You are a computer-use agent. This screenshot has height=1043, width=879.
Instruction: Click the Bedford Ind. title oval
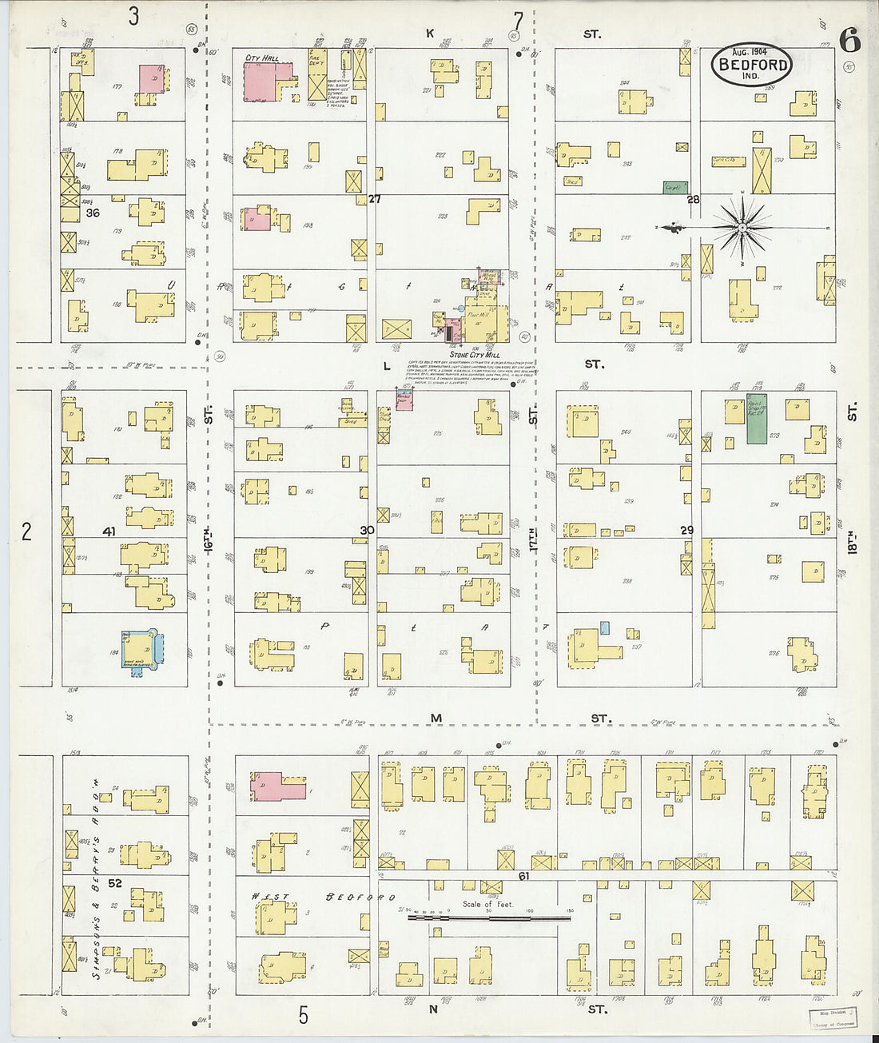[751, 65]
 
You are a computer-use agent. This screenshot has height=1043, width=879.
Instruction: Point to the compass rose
[742, 228]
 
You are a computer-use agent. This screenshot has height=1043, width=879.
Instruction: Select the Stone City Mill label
[474, 354]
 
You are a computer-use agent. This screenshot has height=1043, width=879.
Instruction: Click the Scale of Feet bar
[488, 918]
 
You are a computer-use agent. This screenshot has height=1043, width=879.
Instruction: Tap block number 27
[374, 199]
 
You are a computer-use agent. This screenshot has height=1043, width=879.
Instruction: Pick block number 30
[367, 530]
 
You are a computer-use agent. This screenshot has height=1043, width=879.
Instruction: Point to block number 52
[115, 883]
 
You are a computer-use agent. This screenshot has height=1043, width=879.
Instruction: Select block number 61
[524, 876]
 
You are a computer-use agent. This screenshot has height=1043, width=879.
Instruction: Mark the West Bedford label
[324, 898]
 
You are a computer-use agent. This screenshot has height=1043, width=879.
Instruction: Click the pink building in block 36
[152, 79]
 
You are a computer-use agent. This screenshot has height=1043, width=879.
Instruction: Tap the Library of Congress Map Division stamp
[833, 1017]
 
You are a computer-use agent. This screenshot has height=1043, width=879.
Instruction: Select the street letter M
[436, 718]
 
